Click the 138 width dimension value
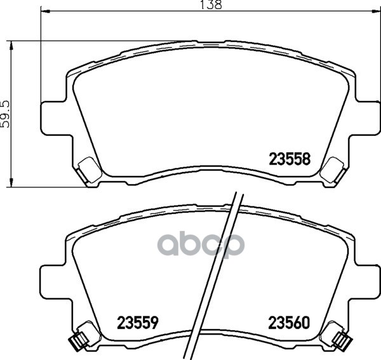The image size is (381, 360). point(211,5)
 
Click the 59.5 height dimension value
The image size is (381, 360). point(5,114)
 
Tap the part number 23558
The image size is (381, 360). point(290,159)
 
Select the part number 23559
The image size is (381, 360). point(138,323)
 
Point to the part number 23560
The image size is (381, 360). point(289,323)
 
